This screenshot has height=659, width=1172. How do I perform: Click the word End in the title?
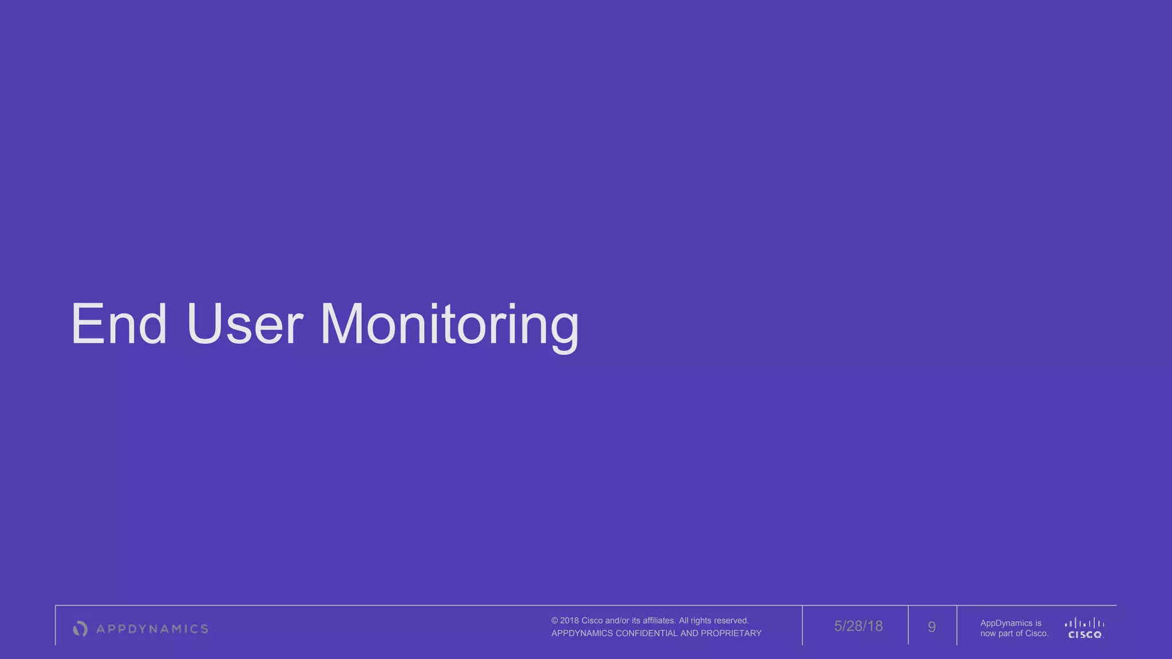(119, 324)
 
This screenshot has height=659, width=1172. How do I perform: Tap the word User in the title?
(244, 324)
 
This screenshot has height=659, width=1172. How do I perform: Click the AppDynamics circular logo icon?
(80, 629)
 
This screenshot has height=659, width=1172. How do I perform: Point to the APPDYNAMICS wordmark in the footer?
(152, 629)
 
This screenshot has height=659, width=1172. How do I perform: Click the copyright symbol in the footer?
(555, 621)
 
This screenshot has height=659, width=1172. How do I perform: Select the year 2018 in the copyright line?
(569, 621)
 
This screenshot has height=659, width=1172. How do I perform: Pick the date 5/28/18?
(858, 626)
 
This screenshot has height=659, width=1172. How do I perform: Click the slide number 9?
(932, 627)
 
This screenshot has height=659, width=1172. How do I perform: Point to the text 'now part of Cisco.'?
(1014, 633)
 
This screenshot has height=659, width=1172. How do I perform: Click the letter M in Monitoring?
(341, 324)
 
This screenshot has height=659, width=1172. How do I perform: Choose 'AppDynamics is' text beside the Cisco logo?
(1011, 623)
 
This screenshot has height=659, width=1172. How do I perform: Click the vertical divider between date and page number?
(908, 625)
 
